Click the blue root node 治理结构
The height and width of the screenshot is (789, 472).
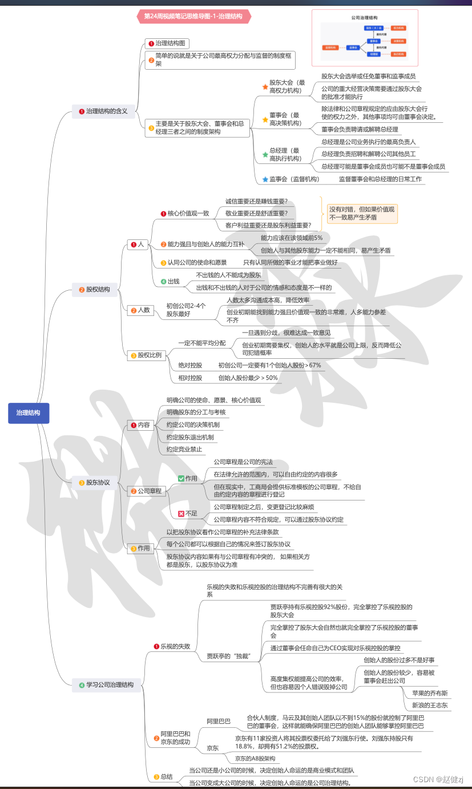(x=29, y=412)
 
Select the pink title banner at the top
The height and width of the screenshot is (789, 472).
(x=193, y=17)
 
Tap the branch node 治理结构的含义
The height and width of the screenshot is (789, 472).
(x=103, y=111)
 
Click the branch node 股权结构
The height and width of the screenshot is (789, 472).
(x=94, y=289)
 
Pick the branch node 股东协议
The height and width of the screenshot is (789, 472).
(x=94, y=482)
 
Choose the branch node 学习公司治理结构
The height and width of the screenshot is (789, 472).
(x=106, y=684)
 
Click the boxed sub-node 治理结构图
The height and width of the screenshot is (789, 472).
(x=166, y=43)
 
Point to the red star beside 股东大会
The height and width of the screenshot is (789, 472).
(x=265, y=87)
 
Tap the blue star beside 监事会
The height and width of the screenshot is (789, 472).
(x=265, y=179)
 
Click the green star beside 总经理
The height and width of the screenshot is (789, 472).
(x=265, y=154)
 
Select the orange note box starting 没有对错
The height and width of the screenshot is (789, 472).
(x=361, y=213)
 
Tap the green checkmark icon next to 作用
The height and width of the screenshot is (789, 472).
(x=181, y=478)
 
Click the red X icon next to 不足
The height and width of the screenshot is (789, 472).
(x=181, y=514)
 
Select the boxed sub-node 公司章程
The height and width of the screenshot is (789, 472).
(x=146, y=491)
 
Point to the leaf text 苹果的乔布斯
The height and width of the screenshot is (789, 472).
(x=430, y=693)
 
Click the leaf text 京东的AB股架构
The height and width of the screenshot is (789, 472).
(x=255, y=758)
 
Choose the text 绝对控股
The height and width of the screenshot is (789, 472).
(x=190, y=365)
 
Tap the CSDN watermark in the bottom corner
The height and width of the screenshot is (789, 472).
(x=438, y=779)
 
